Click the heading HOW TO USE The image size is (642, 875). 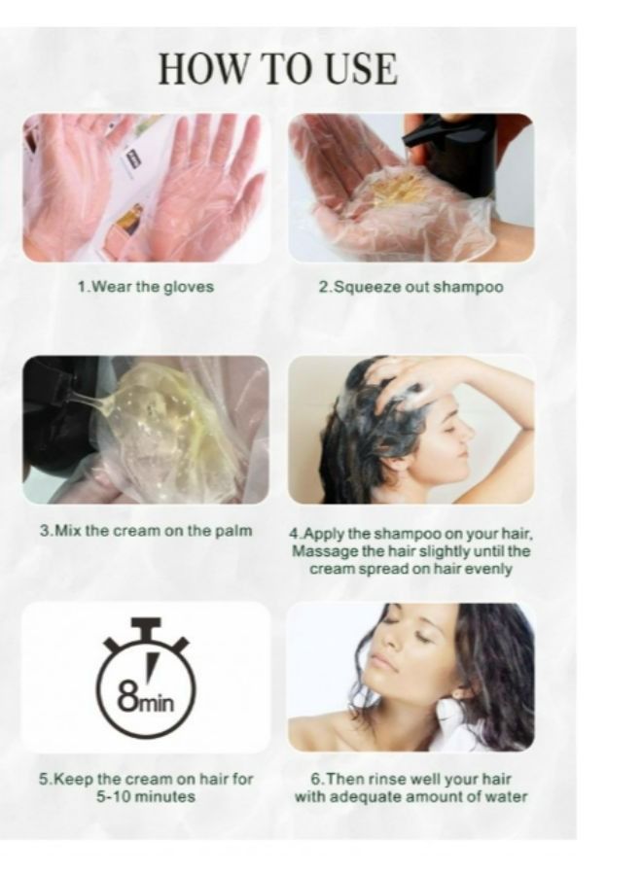(x=277, y=69)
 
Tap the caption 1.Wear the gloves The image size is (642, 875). (x=146, y=287)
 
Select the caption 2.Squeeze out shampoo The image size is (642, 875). (x=410, y=287)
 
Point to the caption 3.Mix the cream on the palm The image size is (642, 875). (x=146, y=530)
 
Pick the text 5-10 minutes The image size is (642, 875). (x=146, y=796)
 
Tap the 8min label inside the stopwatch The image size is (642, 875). (x=146, y=700)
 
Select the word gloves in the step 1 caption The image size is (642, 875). (x=189, y=287)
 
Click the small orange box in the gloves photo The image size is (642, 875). (x=129, y=219)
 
